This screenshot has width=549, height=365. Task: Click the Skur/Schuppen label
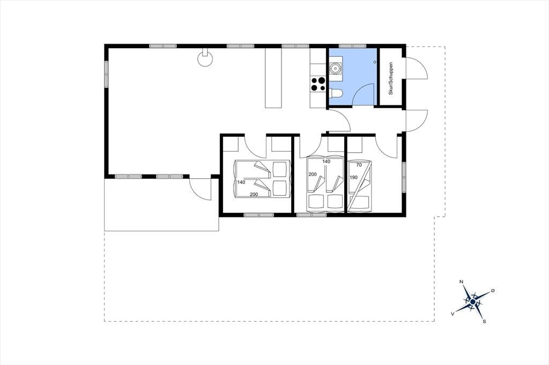click(x=391, y=78)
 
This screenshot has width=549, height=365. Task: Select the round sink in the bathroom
click(x=336, y=68)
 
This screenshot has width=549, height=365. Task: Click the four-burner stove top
click(x=318, y=84)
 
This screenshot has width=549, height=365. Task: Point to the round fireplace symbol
click(x=205, y=59)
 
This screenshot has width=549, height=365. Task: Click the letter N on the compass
click(x=462, y=282)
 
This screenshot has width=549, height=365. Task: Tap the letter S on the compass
click(x=484, y=321)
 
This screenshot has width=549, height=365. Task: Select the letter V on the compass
click(x=452, y=314)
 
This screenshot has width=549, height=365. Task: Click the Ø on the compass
click(x=493, y=290)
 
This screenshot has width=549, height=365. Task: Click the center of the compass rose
click(x=473, y=301)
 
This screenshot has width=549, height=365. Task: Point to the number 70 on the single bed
click(x=359, y=165)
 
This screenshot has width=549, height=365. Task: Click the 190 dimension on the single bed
click(x=354, y=177)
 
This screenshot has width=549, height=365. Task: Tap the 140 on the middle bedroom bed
click(x=327, y=162)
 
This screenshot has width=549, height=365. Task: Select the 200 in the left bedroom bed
click(x=254, y=194)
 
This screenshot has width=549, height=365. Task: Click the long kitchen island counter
click(x=273, y=78)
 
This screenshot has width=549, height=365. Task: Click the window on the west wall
click(x=106, y=73)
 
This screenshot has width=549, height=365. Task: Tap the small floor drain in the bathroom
click(x=375, y=62)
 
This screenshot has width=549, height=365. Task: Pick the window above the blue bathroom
click(x=353, y=46)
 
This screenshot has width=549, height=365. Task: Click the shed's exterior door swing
click(x=416, y=69)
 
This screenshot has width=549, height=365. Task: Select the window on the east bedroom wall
click(x=404, y=177)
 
